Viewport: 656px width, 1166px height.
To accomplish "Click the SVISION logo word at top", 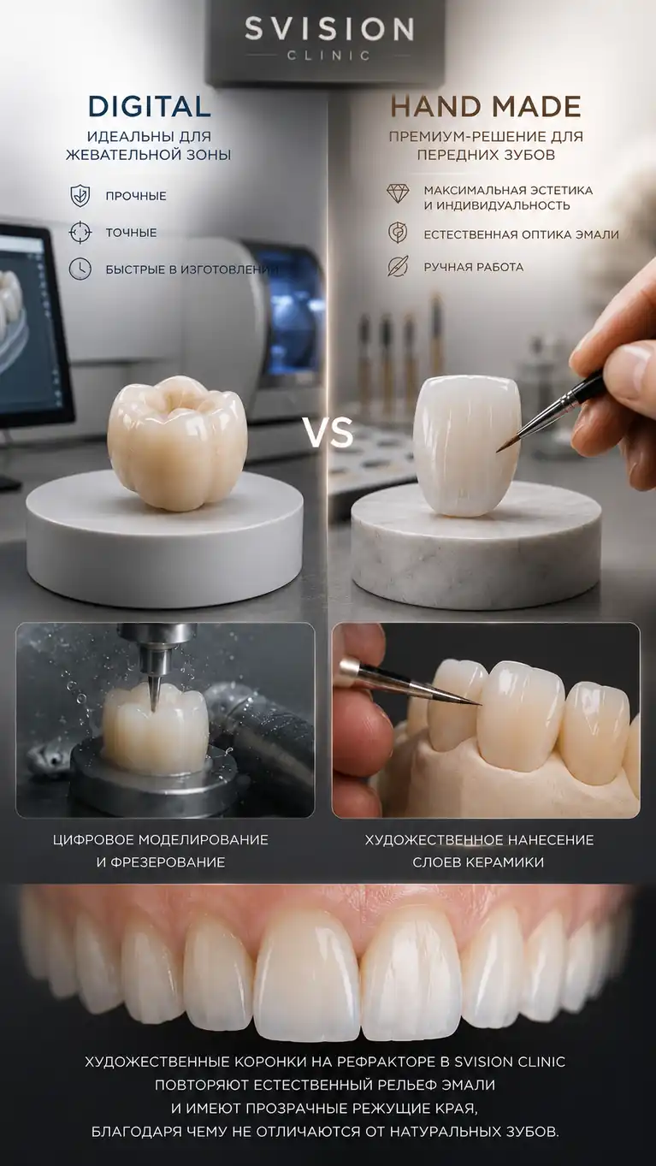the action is click(x=329, y=29).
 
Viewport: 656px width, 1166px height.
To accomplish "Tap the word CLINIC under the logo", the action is click(x=329, y=55).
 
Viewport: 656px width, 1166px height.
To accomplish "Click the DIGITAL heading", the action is click(x=150, y=107).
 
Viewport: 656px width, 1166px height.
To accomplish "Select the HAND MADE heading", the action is click(x=485, y=107).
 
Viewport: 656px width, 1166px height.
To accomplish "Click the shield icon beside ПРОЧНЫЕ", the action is click(x=80, y=196).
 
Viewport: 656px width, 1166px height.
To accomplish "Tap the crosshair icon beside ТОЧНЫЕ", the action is click(x=80, y=233).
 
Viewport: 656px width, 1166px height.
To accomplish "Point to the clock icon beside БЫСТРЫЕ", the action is click(x=80, y=269).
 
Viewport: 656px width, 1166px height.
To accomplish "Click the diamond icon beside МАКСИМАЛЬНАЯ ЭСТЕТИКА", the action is click(x=398, y=192).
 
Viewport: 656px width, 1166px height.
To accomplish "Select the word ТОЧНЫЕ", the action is click(x=131, y=233).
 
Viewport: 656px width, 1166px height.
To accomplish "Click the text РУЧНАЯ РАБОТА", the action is click(x=474, y=267).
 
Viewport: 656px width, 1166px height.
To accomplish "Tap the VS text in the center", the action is click(x=328, y=433).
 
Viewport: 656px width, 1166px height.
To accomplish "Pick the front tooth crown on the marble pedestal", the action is click(x=467, y=446).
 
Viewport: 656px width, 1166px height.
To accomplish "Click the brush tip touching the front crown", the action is click(x=499, y=450).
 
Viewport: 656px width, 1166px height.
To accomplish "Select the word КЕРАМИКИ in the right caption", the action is click(x=504, y=862).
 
